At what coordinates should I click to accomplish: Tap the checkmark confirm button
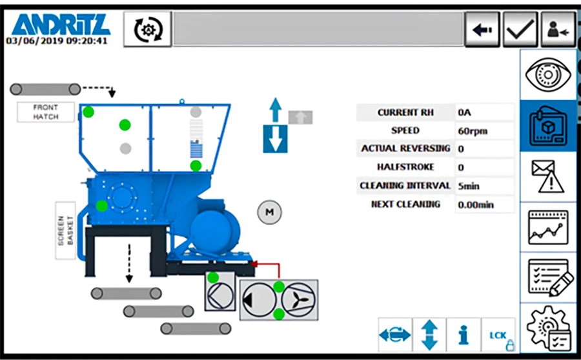(x=520, y=30)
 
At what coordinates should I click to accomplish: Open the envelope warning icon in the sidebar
(x=548, y=176)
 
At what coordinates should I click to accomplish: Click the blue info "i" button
(x=464, y=335)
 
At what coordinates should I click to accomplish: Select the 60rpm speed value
(x=473, y=131)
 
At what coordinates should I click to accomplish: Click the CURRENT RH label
(x=405, y=113)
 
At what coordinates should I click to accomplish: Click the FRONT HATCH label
(x=46, y=112)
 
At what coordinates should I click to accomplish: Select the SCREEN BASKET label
(x=66, y=230)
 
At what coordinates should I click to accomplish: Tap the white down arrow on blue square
(x=276, y=139)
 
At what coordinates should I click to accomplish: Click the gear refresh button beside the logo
(x=148, y=30)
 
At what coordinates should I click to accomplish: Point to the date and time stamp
(x=57, y=41)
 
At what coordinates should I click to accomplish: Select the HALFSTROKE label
(x=405, y=167)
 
